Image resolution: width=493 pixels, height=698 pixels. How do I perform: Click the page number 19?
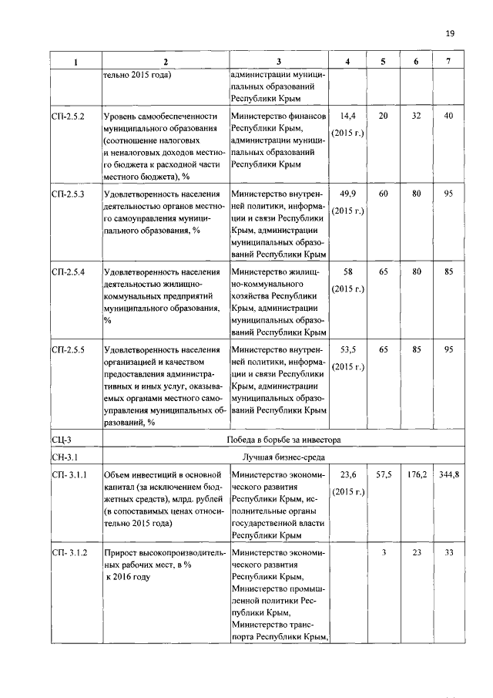coord(451,33)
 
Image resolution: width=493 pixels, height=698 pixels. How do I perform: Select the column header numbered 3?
coord(279,62)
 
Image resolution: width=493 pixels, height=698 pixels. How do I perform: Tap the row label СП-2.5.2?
coord(69,116)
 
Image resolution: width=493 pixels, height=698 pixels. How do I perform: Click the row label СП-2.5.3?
coord(69,194)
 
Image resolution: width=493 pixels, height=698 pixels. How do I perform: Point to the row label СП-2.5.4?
coord(69,271)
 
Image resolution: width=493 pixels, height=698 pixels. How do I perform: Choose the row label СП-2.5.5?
coord(69,349)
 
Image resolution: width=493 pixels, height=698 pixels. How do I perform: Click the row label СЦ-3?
coord(62,440)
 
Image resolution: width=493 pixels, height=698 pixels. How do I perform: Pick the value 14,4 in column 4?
coord(347,116)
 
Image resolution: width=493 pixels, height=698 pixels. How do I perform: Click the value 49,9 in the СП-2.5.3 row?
coord(347,194)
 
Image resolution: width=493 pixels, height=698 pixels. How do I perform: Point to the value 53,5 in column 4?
coord(347,349)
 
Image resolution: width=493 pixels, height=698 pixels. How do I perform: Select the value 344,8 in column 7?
coord(448,474)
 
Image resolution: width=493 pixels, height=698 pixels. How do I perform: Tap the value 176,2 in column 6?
coord(416,474)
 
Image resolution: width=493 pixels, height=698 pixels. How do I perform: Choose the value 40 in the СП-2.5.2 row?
coord(448,116)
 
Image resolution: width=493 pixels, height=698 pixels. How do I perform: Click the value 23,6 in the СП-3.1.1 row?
coord(347,474)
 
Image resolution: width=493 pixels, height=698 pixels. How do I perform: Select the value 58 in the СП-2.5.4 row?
coord(347,271)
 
